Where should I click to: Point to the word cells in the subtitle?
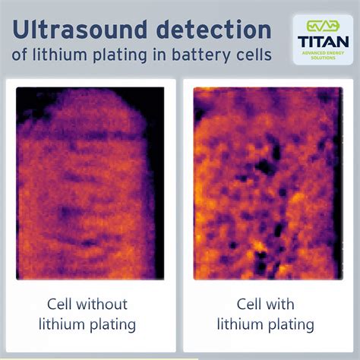click(x=251, y=55)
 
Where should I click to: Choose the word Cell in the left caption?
click(x=62, y=305)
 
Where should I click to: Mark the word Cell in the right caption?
click(x=248, y=305)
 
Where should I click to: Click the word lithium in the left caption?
click(x=65, y=325)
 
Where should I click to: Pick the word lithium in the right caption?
click(x=240, y=325)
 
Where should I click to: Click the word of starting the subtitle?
click(x=20, y=55)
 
